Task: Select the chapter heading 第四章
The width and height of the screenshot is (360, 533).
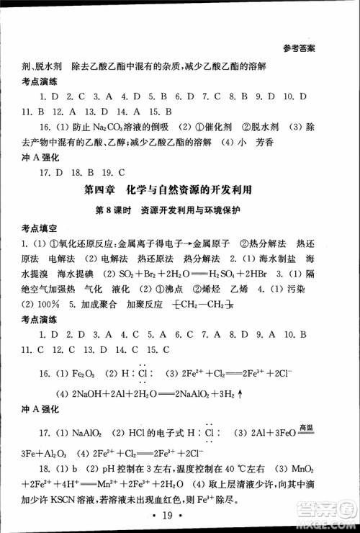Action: [x=99, y=190]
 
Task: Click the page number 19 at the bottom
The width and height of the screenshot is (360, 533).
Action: [x=180, y=515]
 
